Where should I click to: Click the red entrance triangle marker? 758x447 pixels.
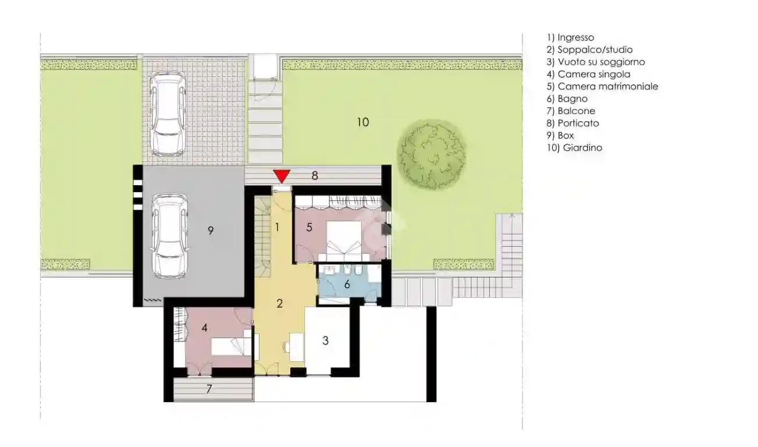(x=282, y=176)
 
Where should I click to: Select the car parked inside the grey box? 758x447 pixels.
(x=169, y=236)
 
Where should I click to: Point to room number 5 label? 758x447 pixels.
(x=309, y=228)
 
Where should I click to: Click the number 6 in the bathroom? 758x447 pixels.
(x=347, y=285)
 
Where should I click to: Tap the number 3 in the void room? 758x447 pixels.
(x=326, y=340)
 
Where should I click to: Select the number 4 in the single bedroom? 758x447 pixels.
(x=205, y=328)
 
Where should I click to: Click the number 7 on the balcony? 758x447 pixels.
(x=208, y=389)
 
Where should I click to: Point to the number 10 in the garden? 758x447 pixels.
(x=362, y=122)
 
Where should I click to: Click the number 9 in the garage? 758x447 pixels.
(x=211, y=230)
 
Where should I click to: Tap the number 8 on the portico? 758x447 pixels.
(x=315, y=175)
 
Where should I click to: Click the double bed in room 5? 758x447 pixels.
(x=344, y=239)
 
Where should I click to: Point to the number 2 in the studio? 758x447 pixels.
(x=280, y=303)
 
